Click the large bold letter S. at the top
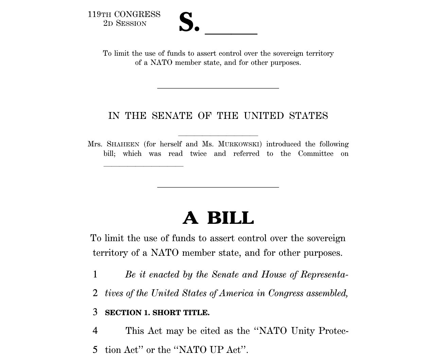(x=189, y=22)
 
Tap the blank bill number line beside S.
(x=231, y=33)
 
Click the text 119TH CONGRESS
(x=124, y=14)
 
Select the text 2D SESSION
(x=125, y=23)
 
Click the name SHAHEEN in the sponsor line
(x=123, y=144)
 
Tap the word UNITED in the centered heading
(x=263, y=116)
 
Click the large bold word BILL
(x=230, y=218)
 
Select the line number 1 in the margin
(x=95, y=274)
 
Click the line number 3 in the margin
(x=95, y=312)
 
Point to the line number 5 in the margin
(x=95, y=349)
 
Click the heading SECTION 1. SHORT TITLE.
(x=157, y=312)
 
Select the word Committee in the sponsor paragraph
(x=316, y=154)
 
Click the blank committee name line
(x=143, y=165)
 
